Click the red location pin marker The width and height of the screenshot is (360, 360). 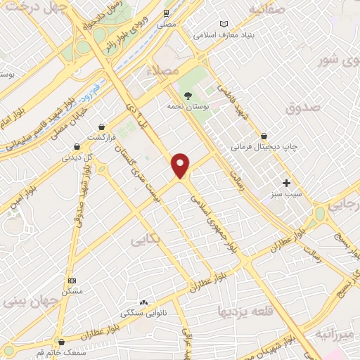(181, 165)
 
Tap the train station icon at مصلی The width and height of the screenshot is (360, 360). (166, 13)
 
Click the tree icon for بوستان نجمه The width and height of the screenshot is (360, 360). (188, 95)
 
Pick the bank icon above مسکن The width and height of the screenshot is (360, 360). (71, 280)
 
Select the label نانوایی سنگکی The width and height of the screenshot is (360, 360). (144, 311)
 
